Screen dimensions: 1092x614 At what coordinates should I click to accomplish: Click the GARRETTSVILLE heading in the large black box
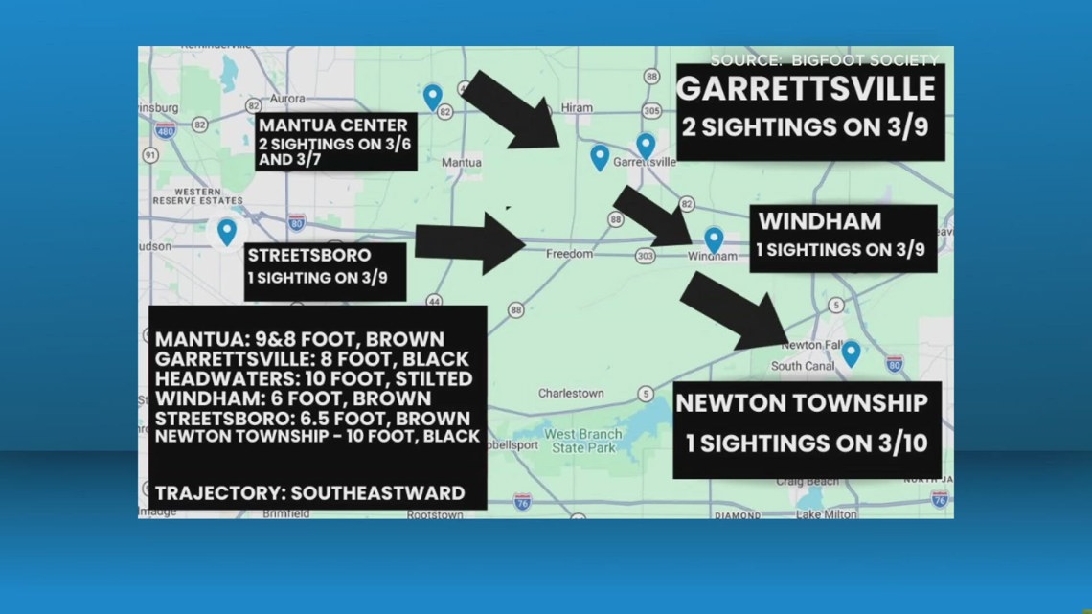806,89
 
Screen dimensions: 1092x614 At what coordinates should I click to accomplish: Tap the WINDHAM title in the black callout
820,222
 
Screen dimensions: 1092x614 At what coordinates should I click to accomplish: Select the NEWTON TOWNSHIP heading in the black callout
802,403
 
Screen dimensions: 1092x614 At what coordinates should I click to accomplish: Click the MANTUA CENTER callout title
333,125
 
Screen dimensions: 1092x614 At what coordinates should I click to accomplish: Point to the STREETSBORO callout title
309,256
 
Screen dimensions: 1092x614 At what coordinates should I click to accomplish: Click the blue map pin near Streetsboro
227,231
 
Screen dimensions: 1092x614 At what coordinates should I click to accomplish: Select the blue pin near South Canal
850,353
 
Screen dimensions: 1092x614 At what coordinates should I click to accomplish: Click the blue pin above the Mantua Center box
433,96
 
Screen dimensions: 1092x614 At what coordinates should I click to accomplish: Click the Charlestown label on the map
571,393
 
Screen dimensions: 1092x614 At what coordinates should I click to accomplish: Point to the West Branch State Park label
582,441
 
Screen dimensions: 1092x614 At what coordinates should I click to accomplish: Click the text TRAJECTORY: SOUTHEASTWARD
310,493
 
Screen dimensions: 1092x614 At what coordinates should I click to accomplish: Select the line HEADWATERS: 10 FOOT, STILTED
313,378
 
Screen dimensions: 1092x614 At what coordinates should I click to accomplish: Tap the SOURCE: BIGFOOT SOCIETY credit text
824,60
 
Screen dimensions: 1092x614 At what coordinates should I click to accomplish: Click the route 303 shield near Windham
645,256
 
